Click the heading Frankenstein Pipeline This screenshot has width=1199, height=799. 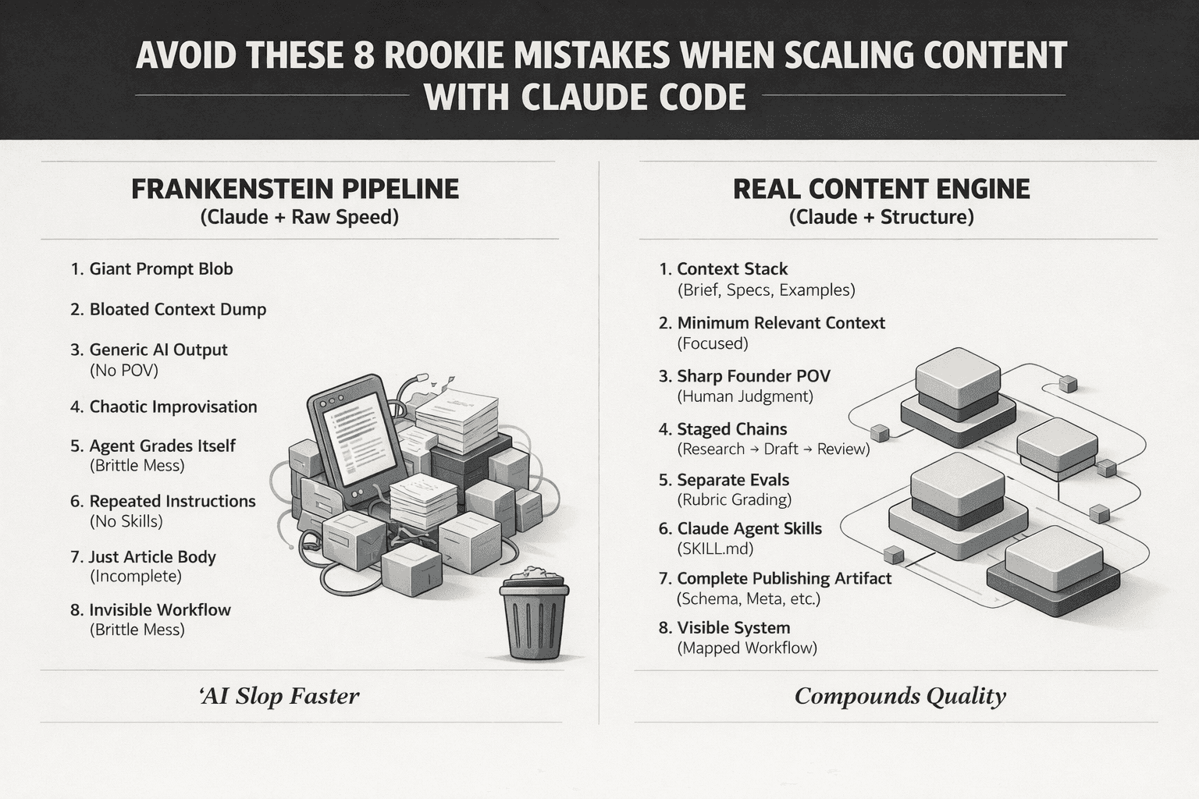tap(295, 189)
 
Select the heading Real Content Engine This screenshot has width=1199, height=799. tap(881, 189)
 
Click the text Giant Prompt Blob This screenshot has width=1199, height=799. tap(161, 269)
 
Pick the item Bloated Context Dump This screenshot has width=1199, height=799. tap(178, 310)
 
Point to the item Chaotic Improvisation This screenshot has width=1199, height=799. tap(173, 407)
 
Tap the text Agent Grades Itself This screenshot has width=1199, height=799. tap(162, 446)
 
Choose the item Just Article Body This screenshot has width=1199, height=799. tap(152, 557)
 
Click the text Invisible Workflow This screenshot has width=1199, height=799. tap(160, 610)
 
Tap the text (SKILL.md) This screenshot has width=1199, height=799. tap(715, 549)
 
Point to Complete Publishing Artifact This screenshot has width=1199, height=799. tap(784, 579)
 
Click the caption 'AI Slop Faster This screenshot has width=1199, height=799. tap(279, 696)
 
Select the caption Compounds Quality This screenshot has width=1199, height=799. tap(900, 696)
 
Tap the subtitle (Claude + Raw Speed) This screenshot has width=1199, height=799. tap(300, 217)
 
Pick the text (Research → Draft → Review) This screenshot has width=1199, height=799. tap(773, 449)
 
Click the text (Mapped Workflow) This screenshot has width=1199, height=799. tap(747, 648)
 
